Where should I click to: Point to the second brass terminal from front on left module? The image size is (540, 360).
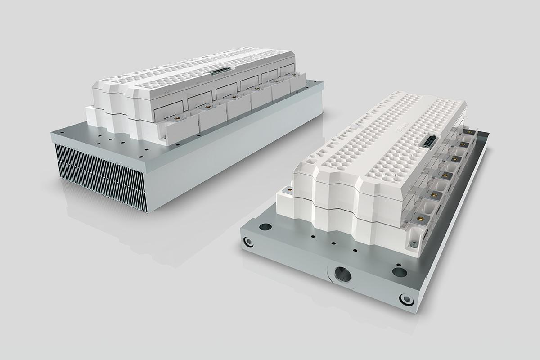pos(208,107)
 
